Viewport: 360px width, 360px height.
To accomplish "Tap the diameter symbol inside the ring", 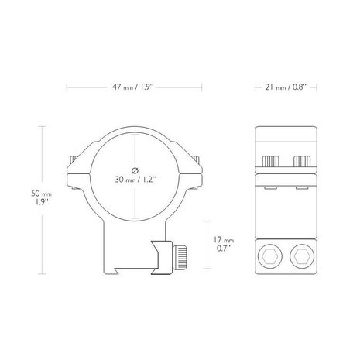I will coord(135,169).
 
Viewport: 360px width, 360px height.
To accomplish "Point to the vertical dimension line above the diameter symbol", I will coord(135,147).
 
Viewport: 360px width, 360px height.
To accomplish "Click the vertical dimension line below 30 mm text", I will coord(135,203).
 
